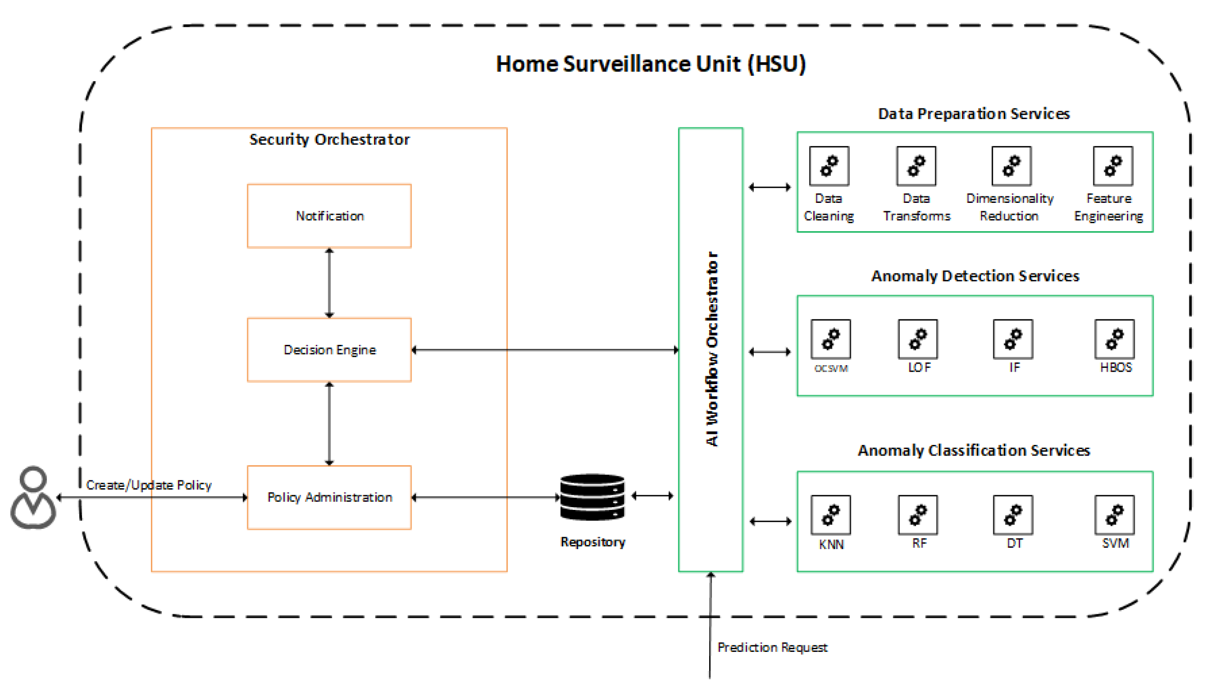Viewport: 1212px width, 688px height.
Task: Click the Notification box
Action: click(x=329, y=216)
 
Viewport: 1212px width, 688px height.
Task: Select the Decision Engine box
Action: click(x=329, y=350)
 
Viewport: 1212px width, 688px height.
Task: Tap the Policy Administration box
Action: click(x=329, y=497)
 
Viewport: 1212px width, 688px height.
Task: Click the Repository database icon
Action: click(x=592, y=497)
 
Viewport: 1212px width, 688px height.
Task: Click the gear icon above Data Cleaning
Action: click(x=829, y=166)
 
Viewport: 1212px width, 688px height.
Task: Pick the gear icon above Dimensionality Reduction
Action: click(x=1011, y=166)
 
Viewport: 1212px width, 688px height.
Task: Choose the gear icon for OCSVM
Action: click(x=830, y=339)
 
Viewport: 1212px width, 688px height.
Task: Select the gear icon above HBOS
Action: click(x=1114, y=339)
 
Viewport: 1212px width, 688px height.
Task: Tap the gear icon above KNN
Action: click(x=830, y=515)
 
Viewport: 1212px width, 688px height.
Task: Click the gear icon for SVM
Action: click(x=1114, y=515)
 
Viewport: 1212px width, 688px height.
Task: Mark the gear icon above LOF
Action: click(x=918, y=339)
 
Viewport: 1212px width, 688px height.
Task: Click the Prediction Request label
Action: click(x=772, y=647)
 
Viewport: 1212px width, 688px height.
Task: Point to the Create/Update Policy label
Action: click(x=149, y=485)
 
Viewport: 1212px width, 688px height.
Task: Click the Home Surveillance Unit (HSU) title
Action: click(x=651, y=64)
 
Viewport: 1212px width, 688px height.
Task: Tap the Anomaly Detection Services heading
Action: click(x=975, y=276)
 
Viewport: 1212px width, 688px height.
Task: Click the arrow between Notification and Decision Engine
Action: click(x=329, y=283)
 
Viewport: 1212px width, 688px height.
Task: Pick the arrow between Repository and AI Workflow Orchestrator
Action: click(x=652, y=496)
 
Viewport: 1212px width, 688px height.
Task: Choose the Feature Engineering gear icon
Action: click(x=1113, y=166)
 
